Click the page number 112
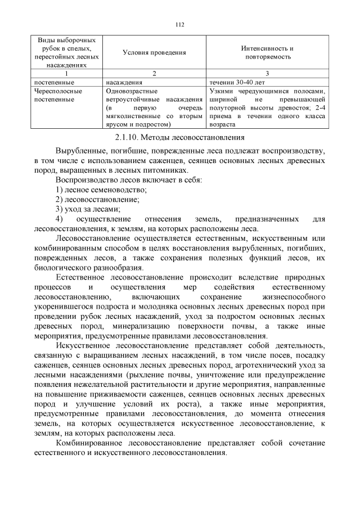pos(180,25)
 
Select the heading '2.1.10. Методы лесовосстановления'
pos(180,137)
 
